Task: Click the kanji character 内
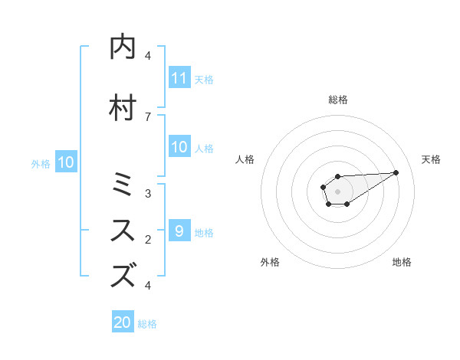pyautogui.click(x=123, y=47)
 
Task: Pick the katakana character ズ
pyautogui.click(x=123, y=274)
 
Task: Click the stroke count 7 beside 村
pyautogui.click(x=148, y=116)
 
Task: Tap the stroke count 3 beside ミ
pyautogui.click(x=148, y=194)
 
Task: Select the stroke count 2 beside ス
pyautogui.click(x=148, y=240)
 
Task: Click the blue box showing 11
pyautogui.click(x=179, y=78)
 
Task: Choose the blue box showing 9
pyautogui.click(x=179, y=231)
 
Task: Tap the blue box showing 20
pyautogui.click(x=123, y=322)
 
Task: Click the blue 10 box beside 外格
pyautogui.click(x=66, y=162)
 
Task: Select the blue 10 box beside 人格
pyautogui.click(x=179, y=147)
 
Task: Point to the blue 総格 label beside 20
pyautogui.click(x=147, y=324)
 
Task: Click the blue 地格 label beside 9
pyautogui.click(x=204, y=232)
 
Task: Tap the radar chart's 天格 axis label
pyautogui.click(x=431, y=159)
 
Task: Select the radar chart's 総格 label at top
pyautogui.click(x=337, y=100)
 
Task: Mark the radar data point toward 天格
pyautogui.click(x=396, y=172)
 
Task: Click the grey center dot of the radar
pyautogui.click(x=337, y=190)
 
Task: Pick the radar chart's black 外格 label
pyautogui.click(x=270, y=262)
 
